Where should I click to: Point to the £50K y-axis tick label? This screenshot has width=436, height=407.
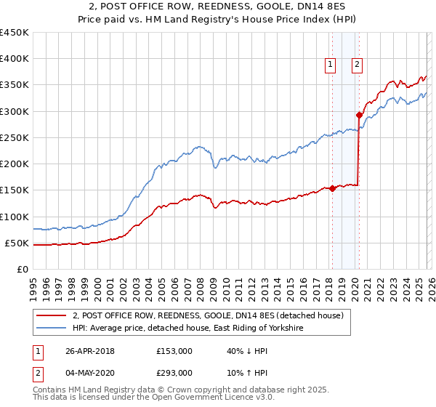tap(17, 243)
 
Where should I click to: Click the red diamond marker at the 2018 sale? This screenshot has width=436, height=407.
tap(332, 188)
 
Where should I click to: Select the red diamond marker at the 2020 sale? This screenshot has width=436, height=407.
tap(359, 115)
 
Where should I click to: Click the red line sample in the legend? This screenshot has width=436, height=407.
tap(51, 315)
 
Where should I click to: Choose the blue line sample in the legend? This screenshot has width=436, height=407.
tap(51, 329)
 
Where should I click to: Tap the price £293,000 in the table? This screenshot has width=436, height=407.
tap(174, 373)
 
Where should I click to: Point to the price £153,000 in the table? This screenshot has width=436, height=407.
tap(174, 351)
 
